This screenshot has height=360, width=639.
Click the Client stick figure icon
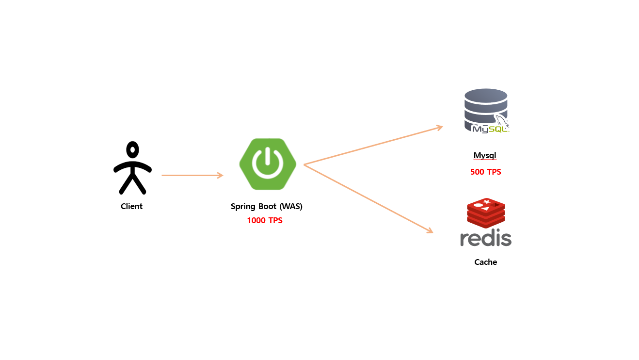(x=132, y=168)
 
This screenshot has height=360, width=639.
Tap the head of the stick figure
(x=132, y=148)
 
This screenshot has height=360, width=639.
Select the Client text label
(x=131, y=206)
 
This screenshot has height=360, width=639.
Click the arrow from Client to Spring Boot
(x=192, y=175)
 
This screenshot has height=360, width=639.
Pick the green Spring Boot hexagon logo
(x=268, y=164)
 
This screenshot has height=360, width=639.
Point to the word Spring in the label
(x=242, y=207)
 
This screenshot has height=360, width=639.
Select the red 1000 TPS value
(x=265, y=220)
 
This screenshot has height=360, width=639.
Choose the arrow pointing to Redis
(x=368, y=199)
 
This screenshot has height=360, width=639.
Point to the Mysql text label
(x=485, y=156)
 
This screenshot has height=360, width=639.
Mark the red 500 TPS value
(x=486, y=172)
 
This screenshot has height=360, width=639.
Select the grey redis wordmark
(x=486, y=238)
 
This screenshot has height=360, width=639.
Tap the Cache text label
(x=486, y=262)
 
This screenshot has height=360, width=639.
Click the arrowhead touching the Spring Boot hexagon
(x=220, y=175)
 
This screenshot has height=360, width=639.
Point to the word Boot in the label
(x=267, y=206)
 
